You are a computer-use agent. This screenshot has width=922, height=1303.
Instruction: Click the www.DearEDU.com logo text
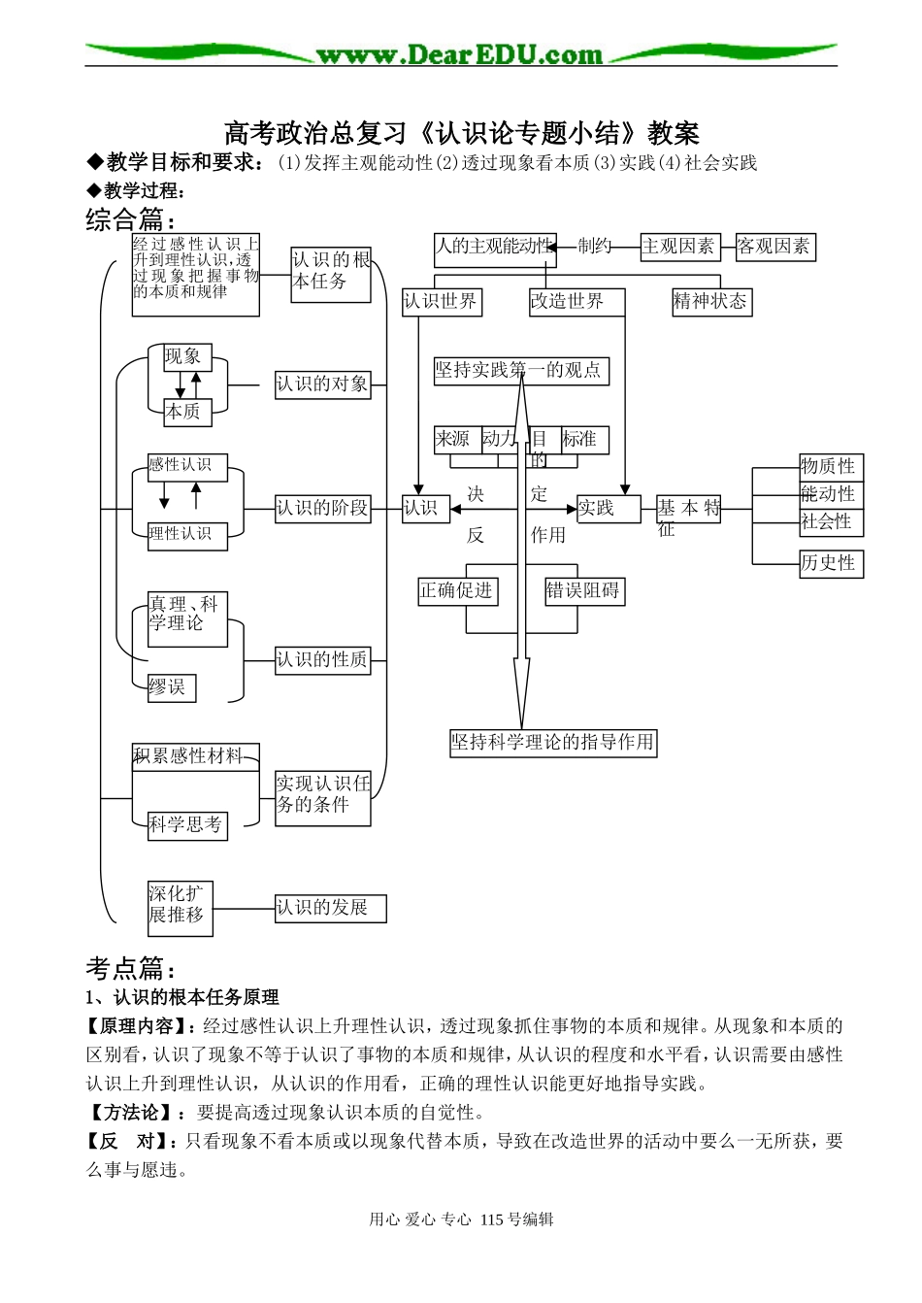[459, 54]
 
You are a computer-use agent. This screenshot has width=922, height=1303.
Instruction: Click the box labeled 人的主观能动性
[495, 250]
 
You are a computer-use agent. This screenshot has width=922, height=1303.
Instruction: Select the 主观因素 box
[679, 248]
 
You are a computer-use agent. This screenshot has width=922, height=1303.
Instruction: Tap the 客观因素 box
[774, 248]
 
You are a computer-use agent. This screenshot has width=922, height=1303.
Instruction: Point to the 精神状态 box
[711, 302]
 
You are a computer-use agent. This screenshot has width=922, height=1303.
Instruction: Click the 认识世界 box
[442, 302]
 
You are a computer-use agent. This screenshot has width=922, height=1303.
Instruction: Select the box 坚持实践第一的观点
[521, 371]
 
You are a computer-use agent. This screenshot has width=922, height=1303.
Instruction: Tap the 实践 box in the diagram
[609, 509]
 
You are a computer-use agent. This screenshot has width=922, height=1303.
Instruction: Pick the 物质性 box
[831, 467]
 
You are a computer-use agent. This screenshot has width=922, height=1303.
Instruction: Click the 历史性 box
[831, 564]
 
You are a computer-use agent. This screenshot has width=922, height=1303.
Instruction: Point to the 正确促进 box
[457, 591]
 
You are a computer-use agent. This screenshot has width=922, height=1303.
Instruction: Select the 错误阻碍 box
[583, 591]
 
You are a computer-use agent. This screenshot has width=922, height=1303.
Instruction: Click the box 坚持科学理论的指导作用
[553, 743]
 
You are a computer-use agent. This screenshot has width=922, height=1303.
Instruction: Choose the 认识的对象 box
[322, 384]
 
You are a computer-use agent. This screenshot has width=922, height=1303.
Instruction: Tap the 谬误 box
[171, 688]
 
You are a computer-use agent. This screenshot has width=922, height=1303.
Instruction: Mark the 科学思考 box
[187, 826]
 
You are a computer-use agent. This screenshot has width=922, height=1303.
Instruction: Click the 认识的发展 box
[330, 909]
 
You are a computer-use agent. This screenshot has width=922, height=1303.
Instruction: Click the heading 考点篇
[130, 968]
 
